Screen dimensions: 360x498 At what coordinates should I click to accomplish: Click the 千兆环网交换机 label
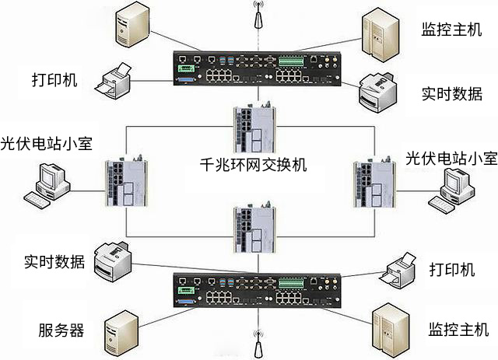click(253, 165)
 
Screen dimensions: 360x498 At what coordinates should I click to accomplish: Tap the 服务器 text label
click(61, 329)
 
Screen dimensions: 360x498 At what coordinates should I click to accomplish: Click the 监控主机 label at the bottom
click(452, 328)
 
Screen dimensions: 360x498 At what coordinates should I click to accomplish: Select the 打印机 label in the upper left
click(54, 80)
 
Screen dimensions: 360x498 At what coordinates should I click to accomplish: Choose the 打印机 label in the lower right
click(451, 270)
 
